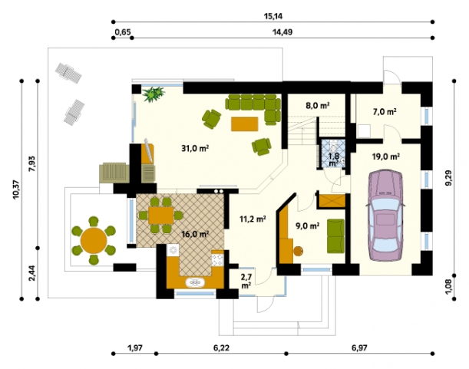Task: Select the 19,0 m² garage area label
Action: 386,156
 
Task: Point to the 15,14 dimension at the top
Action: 273,16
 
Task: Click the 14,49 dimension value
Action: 282,31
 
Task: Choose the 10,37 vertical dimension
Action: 16,189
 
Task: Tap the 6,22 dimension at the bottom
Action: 221,348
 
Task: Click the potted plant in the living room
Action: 154,94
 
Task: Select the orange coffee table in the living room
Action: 244,124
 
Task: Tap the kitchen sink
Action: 195,282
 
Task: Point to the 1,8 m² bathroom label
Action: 333,159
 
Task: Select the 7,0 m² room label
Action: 385,112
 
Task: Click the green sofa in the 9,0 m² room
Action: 335,236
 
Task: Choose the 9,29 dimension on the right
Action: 449,178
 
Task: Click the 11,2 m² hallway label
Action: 253,219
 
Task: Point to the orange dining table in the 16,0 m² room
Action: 161,215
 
